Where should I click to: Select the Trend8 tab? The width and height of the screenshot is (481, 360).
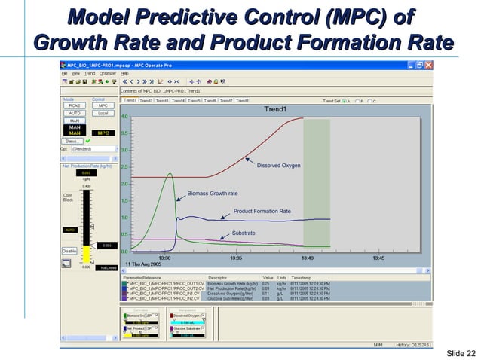(242, 100)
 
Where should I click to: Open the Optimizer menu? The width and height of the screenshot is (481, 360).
(108, 73)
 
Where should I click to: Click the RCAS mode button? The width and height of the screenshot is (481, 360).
(75, 106)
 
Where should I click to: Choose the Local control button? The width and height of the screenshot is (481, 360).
(103, 113)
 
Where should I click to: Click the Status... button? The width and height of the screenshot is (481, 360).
(73, 141)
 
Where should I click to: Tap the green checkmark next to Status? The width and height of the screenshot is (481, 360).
(88, 141)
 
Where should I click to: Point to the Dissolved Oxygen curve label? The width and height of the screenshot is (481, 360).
(278, 165)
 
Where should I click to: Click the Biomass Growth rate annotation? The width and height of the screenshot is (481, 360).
(213, 193)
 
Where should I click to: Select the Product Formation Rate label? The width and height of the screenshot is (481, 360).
(262, 212)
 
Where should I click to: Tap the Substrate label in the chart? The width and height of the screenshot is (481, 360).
(243, 233)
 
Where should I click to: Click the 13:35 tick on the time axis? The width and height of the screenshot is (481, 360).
(236, 258)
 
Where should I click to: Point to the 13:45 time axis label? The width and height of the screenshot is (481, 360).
(378, 258)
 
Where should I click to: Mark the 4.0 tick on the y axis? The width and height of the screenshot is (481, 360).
(124, 117)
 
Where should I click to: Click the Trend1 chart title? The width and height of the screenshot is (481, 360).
(274, 109)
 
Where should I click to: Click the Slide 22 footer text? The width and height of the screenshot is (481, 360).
(461, 354)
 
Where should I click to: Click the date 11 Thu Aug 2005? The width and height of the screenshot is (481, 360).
(142, 264)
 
